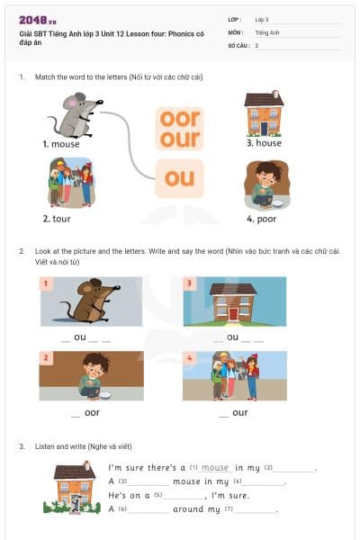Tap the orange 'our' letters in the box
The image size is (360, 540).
179,139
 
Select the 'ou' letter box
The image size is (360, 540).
179,178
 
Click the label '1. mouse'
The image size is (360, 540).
61,144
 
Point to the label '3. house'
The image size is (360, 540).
264,143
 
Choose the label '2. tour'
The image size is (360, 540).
58,219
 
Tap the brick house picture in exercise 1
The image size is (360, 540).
264,113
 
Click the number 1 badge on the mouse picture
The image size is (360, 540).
47,283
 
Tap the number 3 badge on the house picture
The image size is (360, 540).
189,283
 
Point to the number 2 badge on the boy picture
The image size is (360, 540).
47,358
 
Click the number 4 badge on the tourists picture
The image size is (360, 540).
189,358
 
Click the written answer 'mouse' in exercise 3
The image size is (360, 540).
215,468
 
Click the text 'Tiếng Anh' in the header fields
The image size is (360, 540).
267,32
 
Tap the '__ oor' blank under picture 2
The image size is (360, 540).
85,413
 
